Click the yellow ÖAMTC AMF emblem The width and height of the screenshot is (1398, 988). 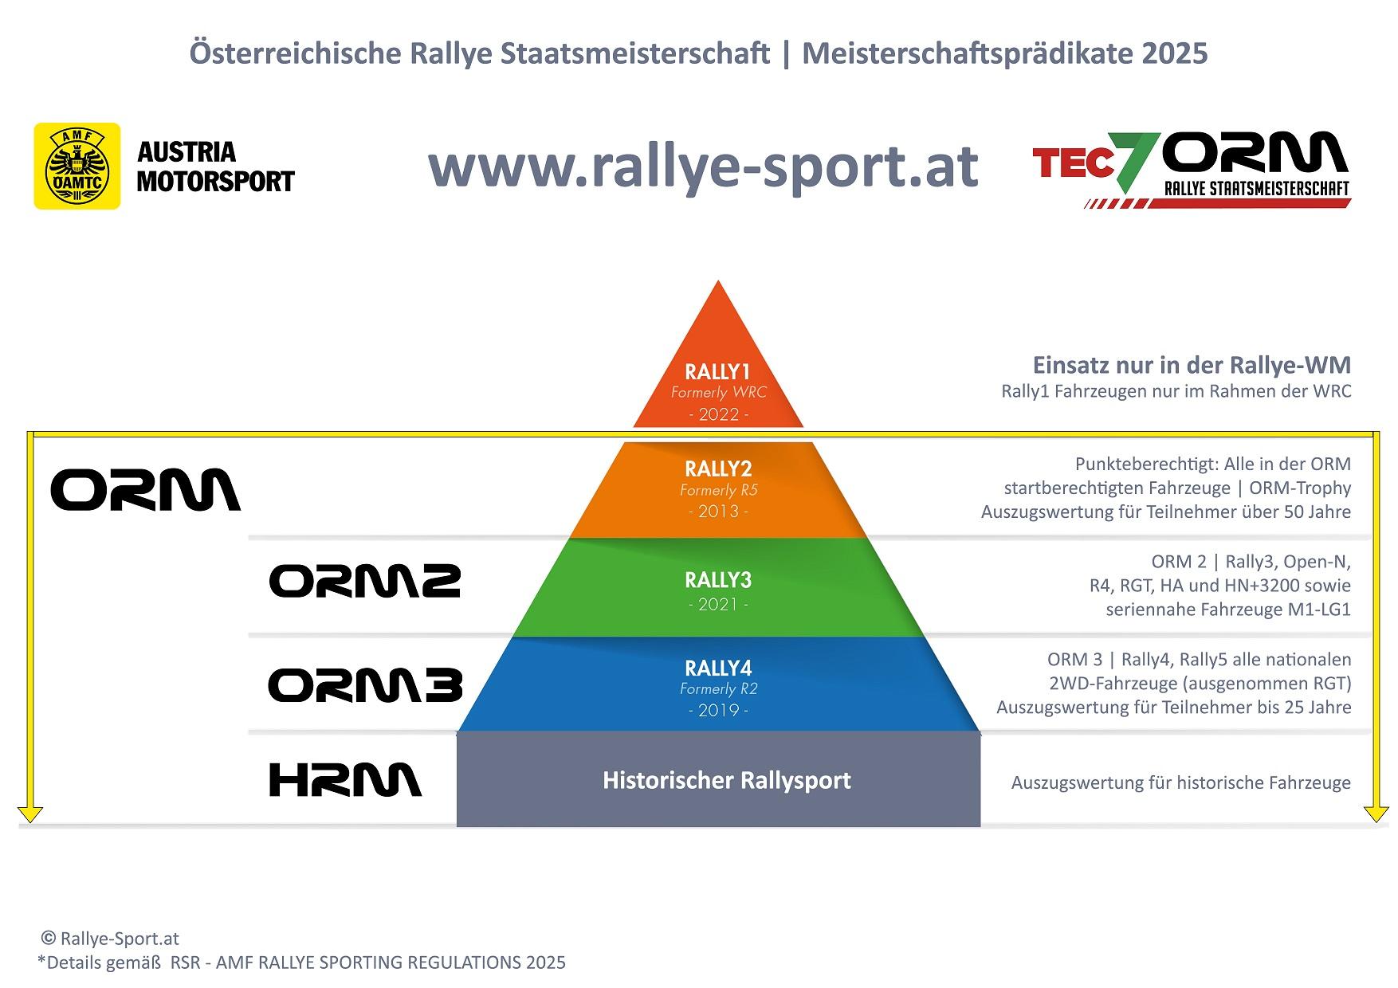(x=77, y=166)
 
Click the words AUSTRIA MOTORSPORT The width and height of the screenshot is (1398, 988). (x=215, y=167)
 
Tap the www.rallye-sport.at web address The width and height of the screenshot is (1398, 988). (x=703, y=166)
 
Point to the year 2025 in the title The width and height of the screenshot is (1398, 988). (x=1174, y=53)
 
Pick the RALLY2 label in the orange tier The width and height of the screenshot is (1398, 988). (x=718, y=469)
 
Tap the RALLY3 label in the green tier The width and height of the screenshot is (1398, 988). (x=718, y=580)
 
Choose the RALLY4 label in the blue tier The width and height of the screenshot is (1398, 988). (x=718, y=668)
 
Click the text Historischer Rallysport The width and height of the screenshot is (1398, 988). (x=727, y=780)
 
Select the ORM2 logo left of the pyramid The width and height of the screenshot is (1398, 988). (x=365, y=581)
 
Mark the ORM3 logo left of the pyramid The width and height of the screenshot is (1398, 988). (x=365, y=685)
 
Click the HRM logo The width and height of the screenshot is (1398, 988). (x=345, y=780)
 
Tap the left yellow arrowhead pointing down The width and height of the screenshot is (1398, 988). (x=30, y=814)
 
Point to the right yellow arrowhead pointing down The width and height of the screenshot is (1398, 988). (x=1376, y=814)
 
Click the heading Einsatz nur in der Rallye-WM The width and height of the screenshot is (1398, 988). (x=1192, y=365)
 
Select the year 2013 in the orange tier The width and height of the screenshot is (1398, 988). (x=718, y=512)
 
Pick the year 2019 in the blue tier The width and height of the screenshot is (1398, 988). (x=718, y=710)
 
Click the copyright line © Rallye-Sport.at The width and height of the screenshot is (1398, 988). (x=110, y=939)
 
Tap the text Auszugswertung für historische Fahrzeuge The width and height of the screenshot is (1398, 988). (x=1181, y=782)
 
